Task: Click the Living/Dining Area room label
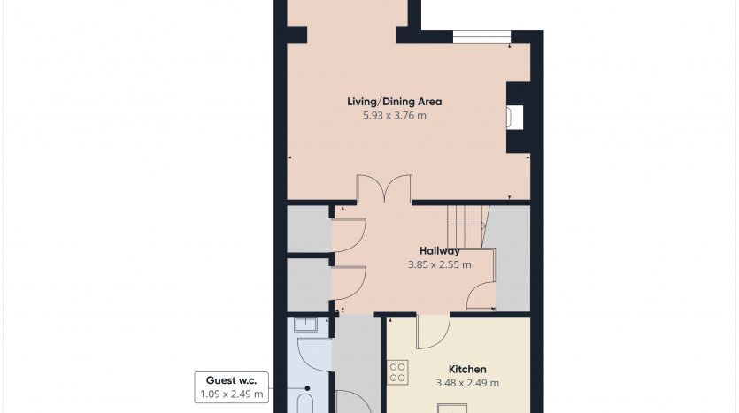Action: pos(395,101)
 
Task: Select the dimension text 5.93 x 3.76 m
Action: pos(395,115)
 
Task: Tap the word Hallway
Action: pos(439,251)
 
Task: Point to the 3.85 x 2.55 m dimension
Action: pos(439,264)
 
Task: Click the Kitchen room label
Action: pos(467,369)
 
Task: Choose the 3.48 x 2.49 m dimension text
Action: pos(467,383)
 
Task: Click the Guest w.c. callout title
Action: pos(231,380)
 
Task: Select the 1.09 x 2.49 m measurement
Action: pos(231,394)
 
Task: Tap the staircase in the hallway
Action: pos(467,226)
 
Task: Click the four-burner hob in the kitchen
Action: pos(397,372)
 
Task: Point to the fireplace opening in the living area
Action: pos(515,118)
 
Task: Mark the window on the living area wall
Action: pos(481,37)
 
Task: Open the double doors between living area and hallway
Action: pos(384,187)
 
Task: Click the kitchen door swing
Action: pos(433,332)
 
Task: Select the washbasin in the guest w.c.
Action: pos(306,325)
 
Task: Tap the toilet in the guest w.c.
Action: pos(305,403)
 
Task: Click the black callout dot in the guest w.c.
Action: pos(307,388)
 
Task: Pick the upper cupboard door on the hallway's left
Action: pos(349,235)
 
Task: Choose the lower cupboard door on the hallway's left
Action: pos(349,283)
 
